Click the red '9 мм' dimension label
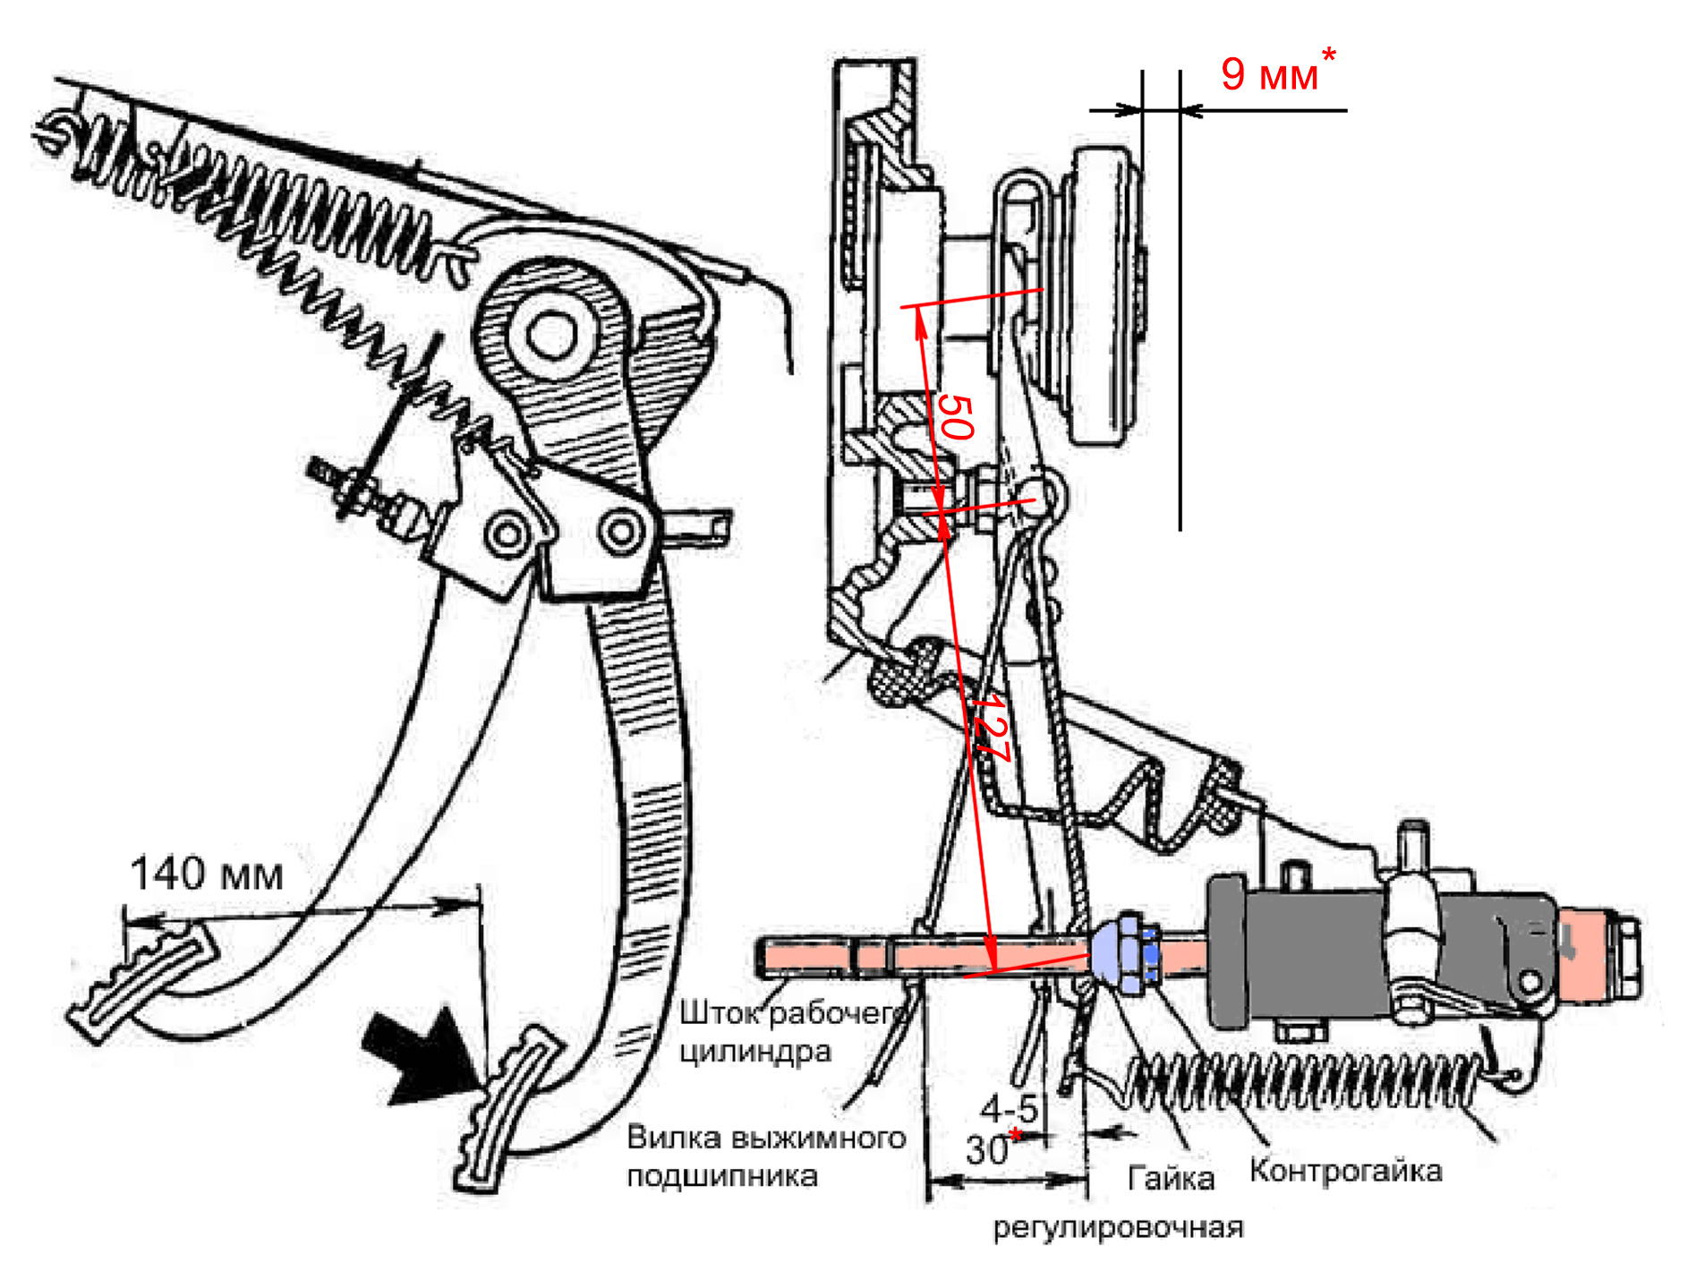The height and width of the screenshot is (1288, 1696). tap(1269, 74)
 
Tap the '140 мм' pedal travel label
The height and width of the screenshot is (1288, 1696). tap(207, 874)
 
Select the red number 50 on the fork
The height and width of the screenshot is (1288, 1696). tap(955, 417)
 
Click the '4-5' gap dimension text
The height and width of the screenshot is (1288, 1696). tap(1009, 1109)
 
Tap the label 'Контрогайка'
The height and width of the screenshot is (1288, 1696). tap(1345, 1171)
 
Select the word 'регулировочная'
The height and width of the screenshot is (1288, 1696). tap(1118, 1227)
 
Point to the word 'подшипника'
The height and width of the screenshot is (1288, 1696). tap(721, 1176)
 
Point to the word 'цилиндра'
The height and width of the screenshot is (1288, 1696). tap(754, 1051)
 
